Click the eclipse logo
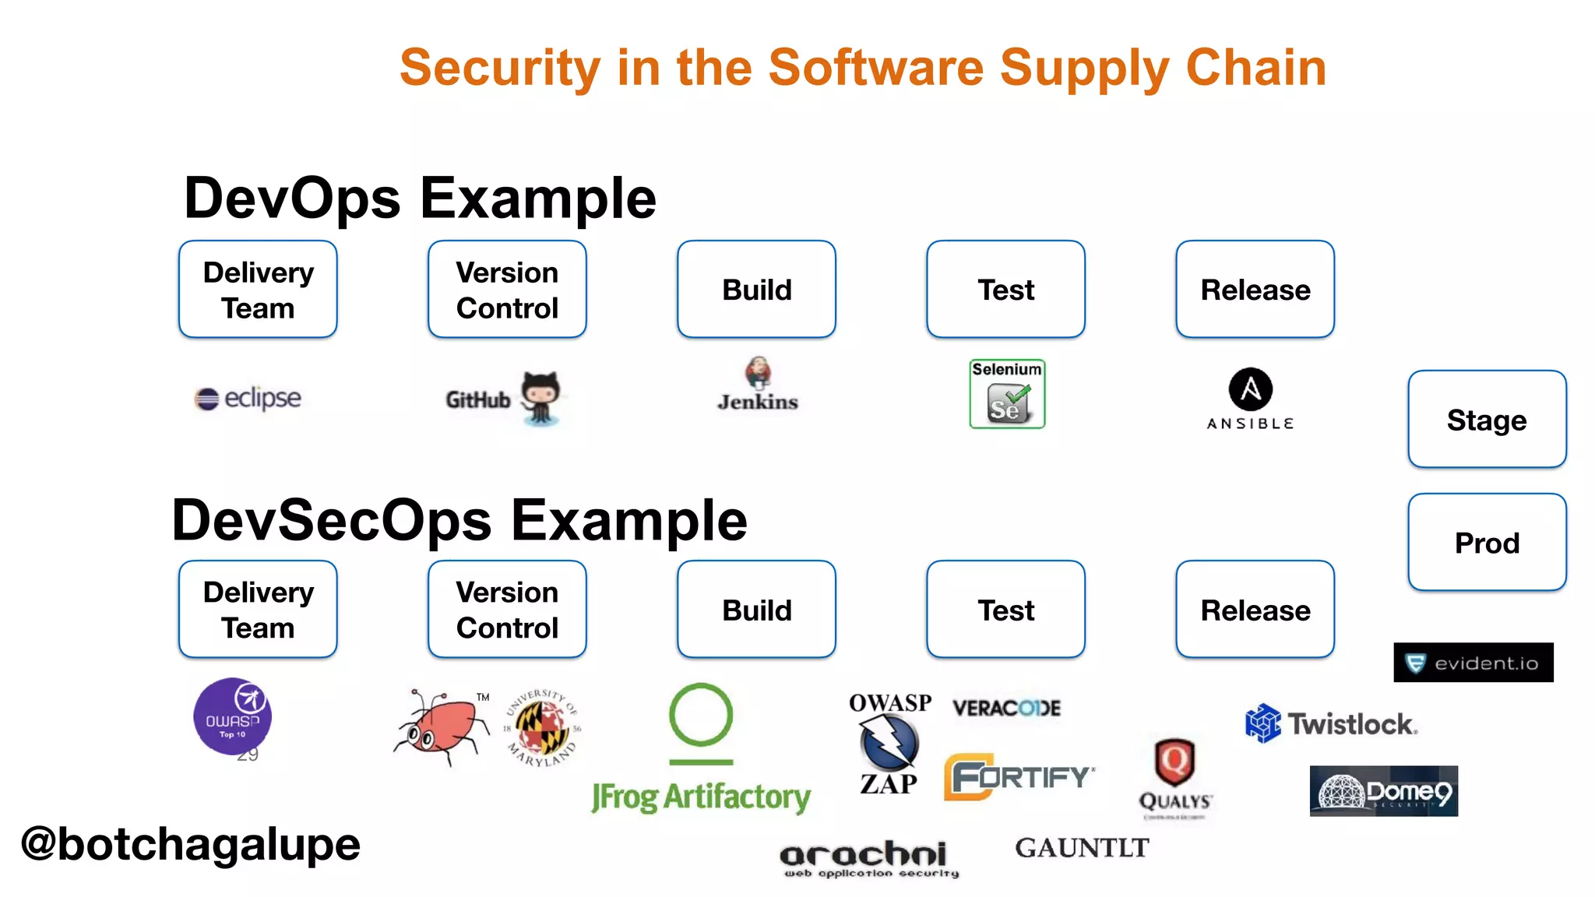pos(248,398)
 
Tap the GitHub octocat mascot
pos(540,397)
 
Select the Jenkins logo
pos(758,385)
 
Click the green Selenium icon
pos(1007,394)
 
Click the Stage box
pos(1487,420)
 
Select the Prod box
pos(1487,543)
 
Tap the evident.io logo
pos(1473,663)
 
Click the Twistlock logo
pos(1331,724)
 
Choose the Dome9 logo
pos(1383,791)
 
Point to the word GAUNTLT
pos(1082,848)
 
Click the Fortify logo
pos(1018,776)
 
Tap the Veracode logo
pos(1006,708)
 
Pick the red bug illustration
pos(441,726)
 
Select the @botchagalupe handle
pos(191,844)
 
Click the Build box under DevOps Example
pos(756,290)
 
